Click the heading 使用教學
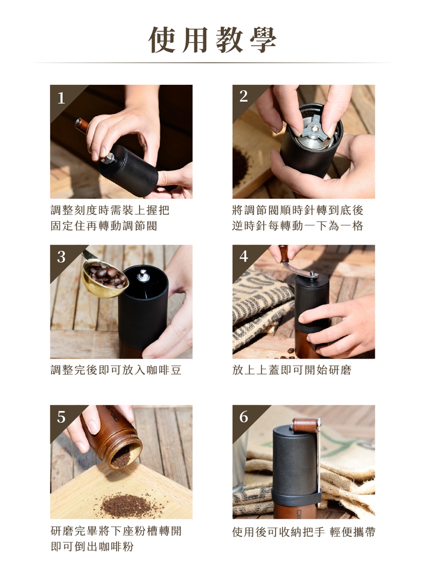[212, 40]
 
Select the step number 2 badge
[244, 97]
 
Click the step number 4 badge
[244, 257]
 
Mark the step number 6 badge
[244, 417]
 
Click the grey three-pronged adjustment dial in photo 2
[314, 130]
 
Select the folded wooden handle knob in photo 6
[306, 426]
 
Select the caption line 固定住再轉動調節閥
[104, 226]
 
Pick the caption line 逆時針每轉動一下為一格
[298, 226]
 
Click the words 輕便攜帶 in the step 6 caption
[353, 531]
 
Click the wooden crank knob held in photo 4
[284, 254]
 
